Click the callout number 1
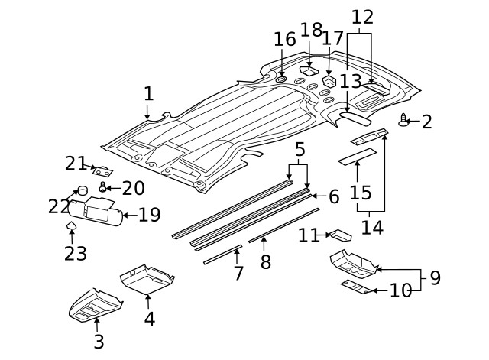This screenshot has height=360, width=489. point(148,94)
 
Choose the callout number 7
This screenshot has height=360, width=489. point(238,273)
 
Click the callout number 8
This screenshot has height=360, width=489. point(265,262)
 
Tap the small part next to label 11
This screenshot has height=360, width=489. point(340,234)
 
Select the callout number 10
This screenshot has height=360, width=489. point(401,290)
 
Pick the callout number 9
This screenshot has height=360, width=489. point(435,277)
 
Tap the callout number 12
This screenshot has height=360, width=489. point(362,16)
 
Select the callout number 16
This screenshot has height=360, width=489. point(284,39)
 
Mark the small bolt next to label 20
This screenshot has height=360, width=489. point(103,187)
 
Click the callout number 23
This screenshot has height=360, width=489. point(75,253)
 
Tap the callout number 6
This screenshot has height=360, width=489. point(333,196)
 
